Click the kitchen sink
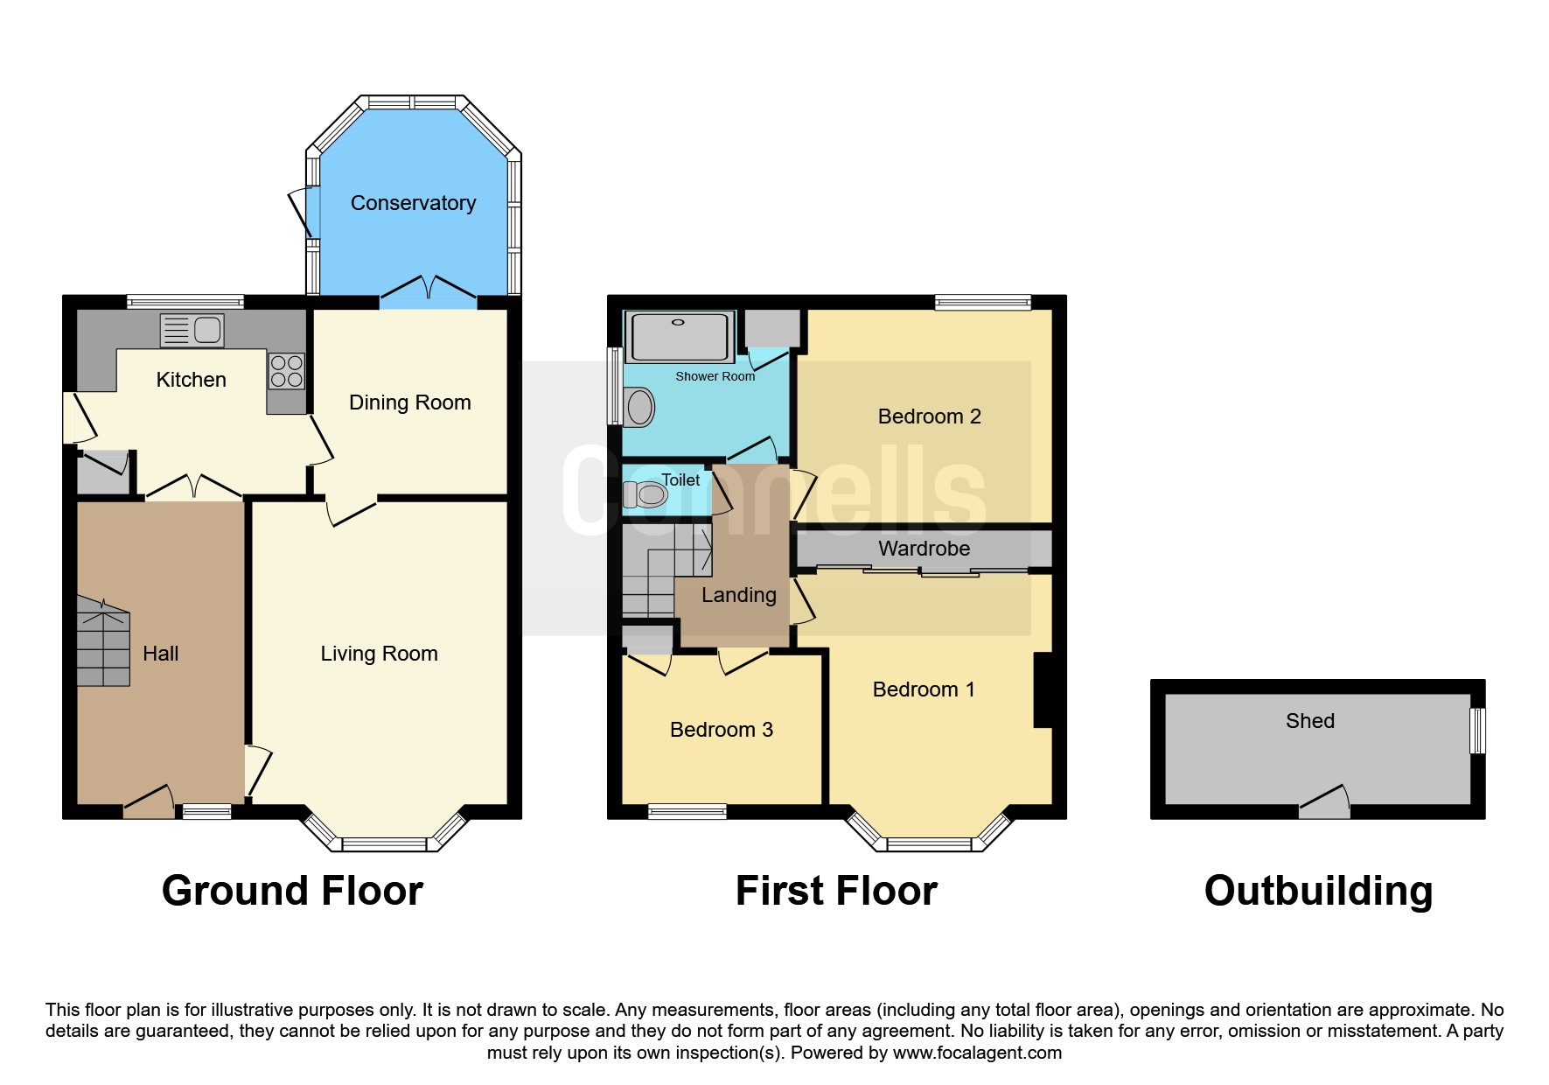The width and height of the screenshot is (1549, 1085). tap(192, 330)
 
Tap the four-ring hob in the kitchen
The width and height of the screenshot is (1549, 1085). tap(287, 370)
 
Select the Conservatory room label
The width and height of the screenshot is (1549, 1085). tap(413, 203)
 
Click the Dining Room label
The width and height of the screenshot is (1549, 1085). tap(410, 402)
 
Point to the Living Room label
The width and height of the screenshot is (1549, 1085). tap(379, 654)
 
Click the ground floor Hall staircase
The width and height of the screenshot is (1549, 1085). tap(103, 641)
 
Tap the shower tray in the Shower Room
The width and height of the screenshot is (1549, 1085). tap(680, 337)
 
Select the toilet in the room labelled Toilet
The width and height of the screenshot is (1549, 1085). tap(645, 495)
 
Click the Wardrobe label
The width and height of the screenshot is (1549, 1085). tap(925, 549)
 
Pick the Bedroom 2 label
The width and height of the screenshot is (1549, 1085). tap(930, 416)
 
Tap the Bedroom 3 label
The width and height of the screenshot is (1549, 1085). tap(722, 730)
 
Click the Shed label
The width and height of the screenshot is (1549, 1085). tap(1310, 721)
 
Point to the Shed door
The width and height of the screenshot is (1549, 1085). tap(1325, 802)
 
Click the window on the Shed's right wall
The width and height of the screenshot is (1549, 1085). tap(1477, 731)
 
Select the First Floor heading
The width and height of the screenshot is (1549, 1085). tap(836, 891)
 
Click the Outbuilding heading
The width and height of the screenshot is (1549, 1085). tap(1318, 892)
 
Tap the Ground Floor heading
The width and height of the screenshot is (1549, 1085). tap(293, 891)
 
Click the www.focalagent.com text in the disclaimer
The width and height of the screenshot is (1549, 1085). tap(978, 1053)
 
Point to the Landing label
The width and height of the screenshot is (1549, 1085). tap(739, 596)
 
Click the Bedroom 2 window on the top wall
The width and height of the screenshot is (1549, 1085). tap(983, 303)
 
